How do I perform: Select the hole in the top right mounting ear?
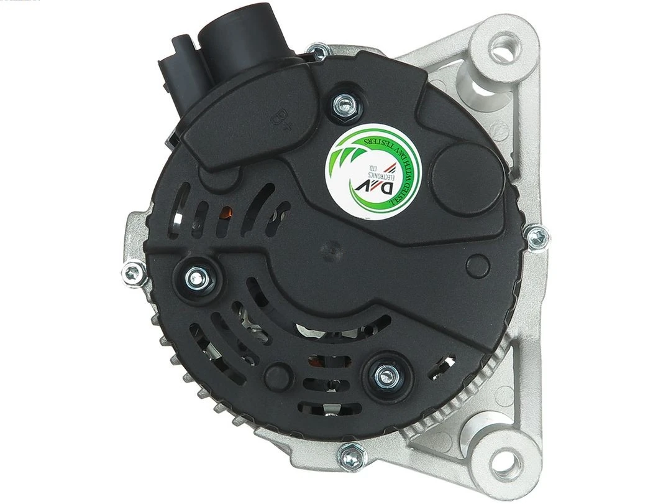click(x=501, y=46)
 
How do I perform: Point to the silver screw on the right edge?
click(x=536, y=235)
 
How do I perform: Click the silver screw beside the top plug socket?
click(x=319, y=52)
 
